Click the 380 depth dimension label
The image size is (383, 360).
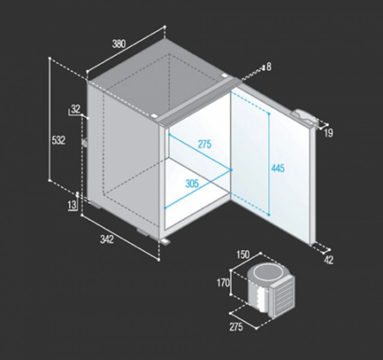(119, 44)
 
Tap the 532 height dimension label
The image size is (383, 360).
(58, 140)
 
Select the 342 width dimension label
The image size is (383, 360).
(107, 240)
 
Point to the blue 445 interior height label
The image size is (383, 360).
(278, 168)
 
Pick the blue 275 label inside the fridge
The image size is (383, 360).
(205, 144)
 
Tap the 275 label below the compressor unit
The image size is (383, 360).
(236, 327)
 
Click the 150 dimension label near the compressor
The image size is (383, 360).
(243, 254)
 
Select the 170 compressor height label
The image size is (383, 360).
(223, 283)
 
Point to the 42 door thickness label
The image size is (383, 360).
(329, 260)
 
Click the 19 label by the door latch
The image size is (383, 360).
(329, 133)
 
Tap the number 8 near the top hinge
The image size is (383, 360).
(269, 67)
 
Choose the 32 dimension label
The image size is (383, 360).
(76, 109)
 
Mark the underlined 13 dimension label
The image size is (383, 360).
(72, 204)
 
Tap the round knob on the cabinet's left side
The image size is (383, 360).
(84, 143)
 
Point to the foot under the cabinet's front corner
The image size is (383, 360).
(165, 241)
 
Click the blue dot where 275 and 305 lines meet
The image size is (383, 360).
(231, 170)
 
